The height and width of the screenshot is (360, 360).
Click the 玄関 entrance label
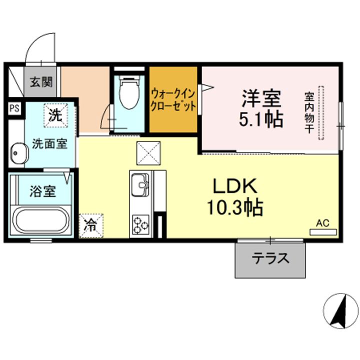point(41,82)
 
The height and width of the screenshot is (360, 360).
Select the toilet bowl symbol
point(129,92)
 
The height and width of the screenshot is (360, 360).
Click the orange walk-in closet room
point(173,99)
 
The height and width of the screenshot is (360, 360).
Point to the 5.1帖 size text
point(261,119)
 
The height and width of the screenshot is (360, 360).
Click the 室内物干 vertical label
point(309,112)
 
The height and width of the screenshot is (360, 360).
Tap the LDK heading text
point(235,186)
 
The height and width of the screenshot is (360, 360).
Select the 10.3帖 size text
point(235,207)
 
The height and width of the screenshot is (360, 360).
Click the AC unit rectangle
point(323,232)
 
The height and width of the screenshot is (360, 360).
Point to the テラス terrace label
point(270,258)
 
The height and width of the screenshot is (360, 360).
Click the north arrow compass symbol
point(340,310)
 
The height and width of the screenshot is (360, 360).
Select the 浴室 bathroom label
point(42,191)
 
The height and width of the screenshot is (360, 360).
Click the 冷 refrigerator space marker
point(91,225)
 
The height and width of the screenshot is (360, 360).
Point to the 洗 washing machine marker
point(56,115)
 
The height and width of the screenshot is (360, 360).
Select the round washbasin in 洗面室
point(19,153)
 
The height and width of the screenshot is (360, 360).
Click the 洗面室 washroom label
point(49,144)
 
